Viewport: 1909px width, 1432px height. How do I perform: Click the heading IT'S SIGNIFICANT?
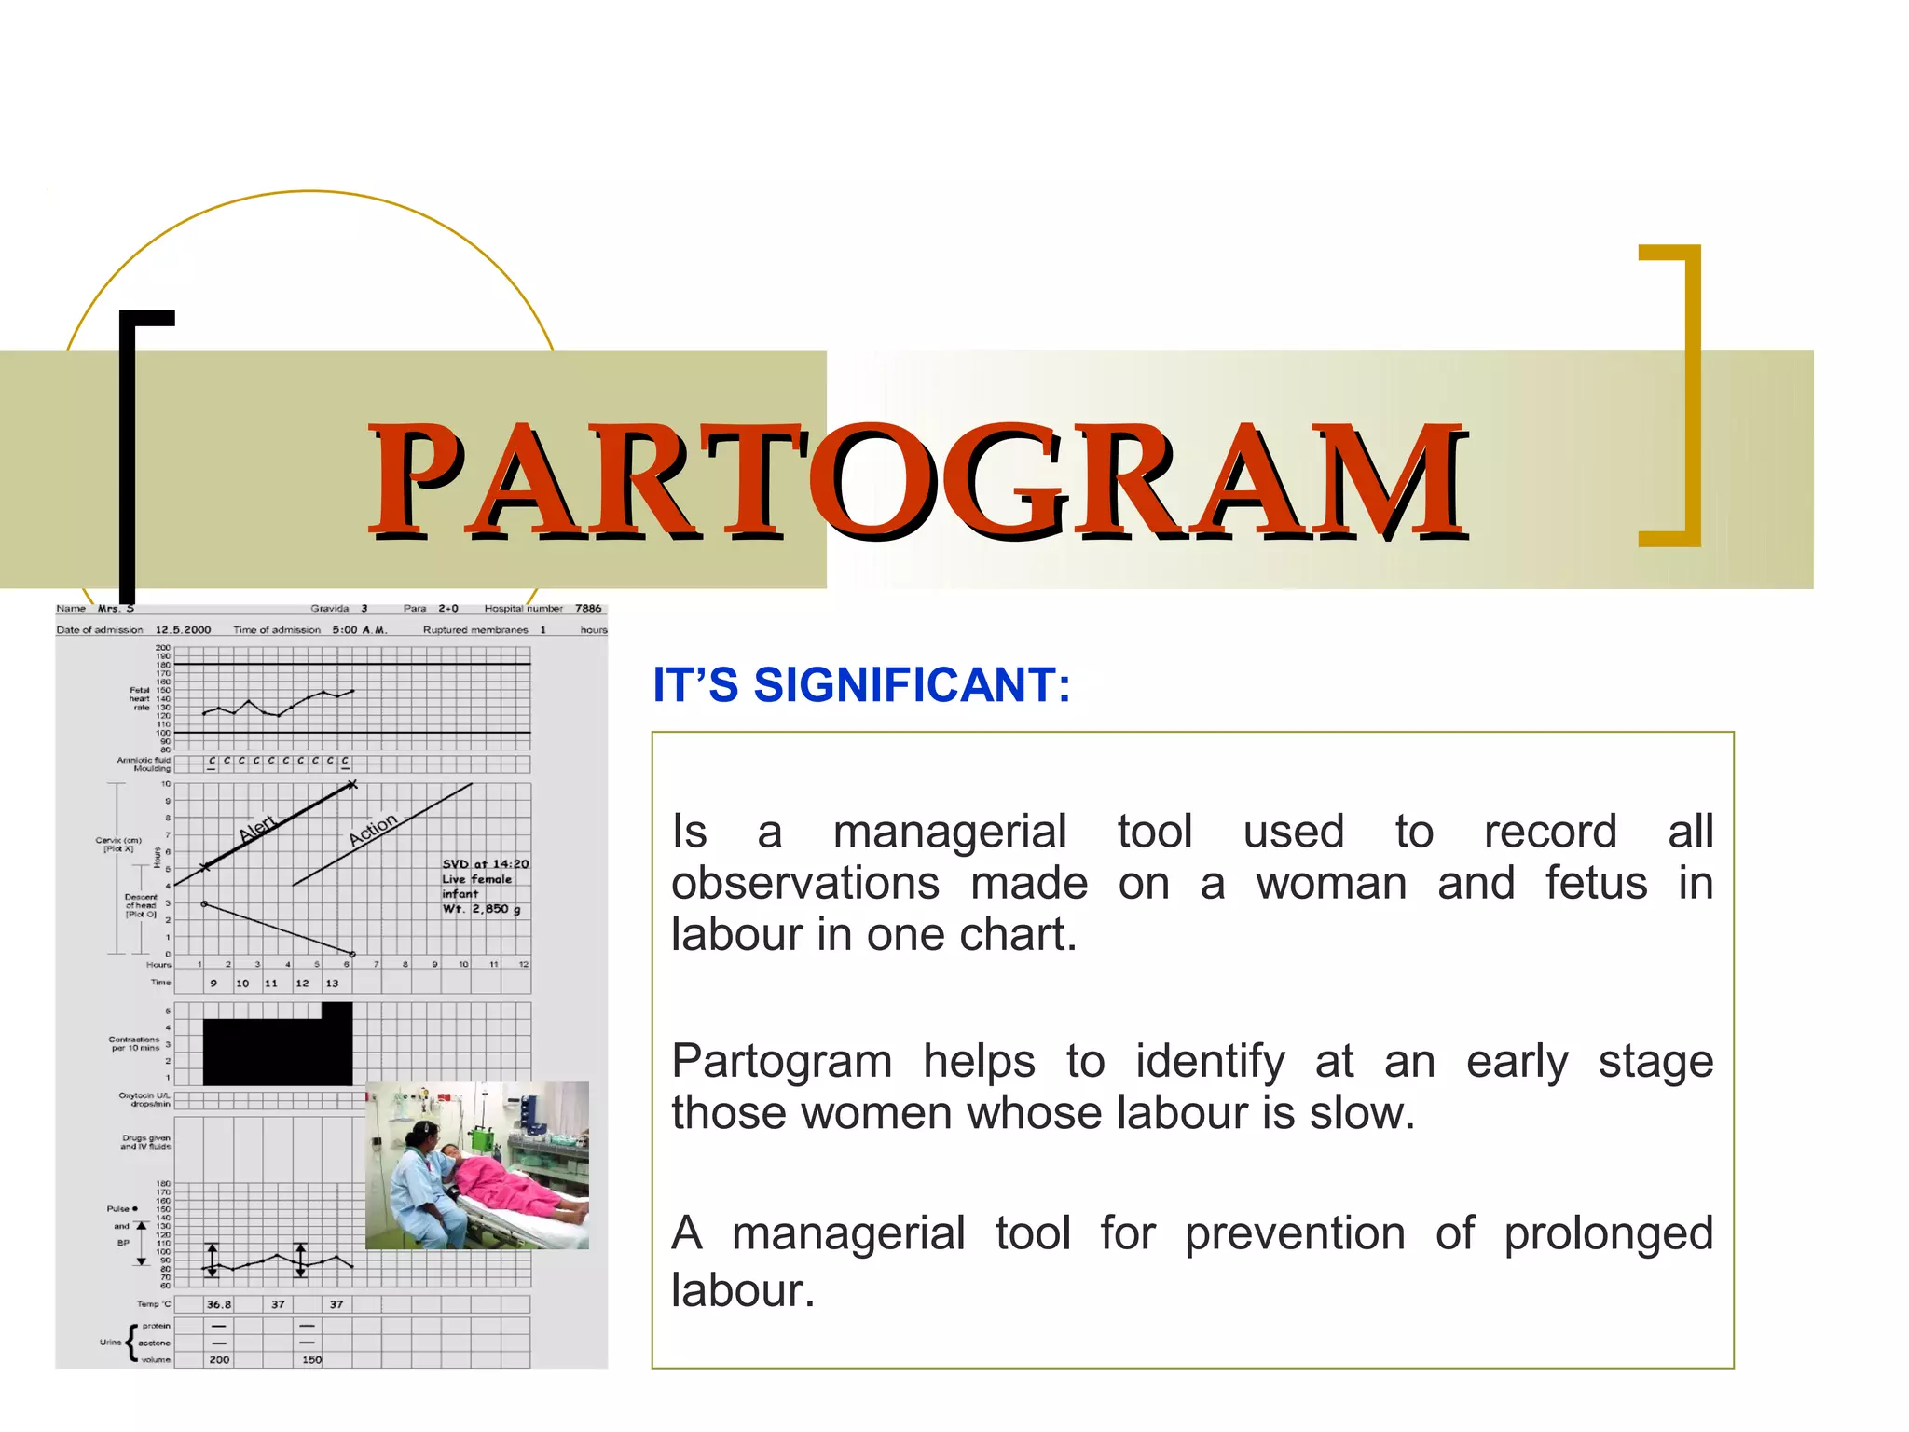coord(861,685)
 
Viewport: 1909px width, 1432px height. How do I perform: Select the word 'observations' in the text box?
coord(805,884)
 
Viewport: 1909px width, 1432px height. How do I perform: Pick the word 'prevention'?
coord(1295,1234)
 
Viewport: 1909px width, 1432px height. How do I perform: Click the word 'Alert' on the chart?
coord(257,828)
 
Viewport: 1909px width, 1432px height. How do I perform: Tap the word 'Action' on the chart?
coord(373,829)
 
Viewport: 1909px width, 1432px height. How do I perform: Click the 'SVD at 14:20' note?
coord(485,864)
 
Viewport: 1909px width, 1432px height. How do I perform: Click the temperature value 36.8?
coord(219,1304)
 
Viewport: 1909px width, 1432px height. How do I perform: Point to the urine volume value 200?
coord(219,1360)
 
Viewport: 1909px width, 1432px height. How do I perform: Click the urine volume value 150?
coord(311,1360)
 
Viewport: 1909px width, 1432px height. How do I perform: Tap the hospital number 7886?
coord(588,609)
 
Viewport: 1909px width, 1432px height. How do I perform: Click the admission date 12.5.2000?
coord(183,630)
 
